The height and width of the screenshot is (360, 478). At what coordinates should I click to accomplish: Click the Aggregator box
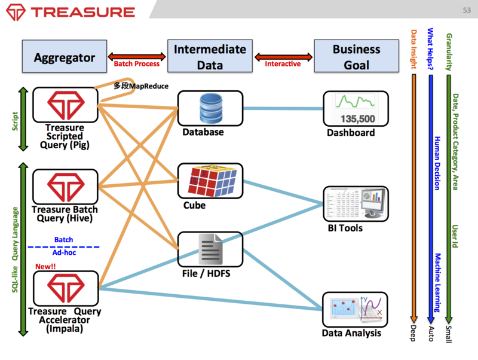pyautogui.click(x=65, y=57)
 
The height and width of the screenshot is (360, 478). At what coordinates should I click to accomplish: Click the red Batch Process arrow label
pyautogui.click(x=137, y=63)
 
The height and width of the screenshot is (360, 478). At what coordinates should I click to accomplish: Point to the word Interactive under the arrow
pyautogui.click(x=283, y=63)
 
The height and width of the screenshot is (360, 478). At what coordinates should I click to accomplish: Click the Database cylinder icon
pyautogui.click(x=209, y=108)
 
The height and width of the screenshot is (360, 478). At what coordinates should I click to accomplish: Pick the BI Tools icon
pyautogui.click(x=356, y=203)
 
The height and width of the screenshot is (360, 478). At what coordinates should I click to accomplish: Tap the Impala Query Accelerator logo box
pyautogui.click(x=65, y=288)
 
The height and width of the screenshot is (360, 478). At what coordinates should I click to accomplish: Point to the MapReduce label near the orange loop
pyautogui.click(x=141, y=86)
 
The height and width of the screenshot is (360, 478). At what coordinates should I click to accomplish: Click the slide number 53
pyautogui.click(x=467, y=10)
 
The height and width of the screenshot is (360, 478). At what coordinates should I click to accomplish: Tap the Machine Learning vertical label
pyautogui.click(x=437, y=282)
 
